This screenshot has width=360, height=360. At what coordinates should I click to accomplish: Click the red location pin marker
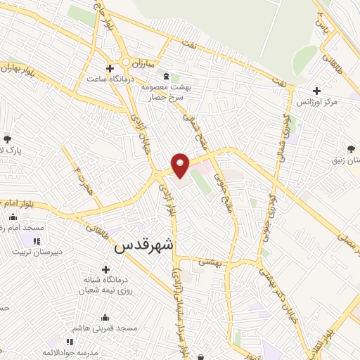[180, 165]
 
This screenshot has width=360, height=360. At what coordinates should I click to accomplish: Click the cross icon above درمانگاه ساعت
[109, 68]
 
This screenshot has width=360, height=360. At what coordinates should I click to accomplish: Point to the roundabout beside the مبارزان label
[126, 62]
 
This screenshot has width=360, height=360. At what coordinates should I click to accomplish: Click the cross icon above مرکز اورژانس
[316, 91]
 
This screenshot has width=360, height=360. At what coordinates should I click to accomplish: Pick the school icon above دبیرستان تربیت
[35, 240]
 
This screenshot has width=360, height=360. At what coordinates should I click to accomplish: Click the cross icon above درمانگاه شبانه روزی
[105, 269]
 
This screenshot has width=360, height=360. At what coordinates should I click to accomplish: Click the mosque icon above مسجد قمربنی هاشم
[105, 318]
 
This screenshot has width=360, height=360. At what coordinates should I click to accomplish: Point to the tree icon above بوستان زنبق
[351, 149]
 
